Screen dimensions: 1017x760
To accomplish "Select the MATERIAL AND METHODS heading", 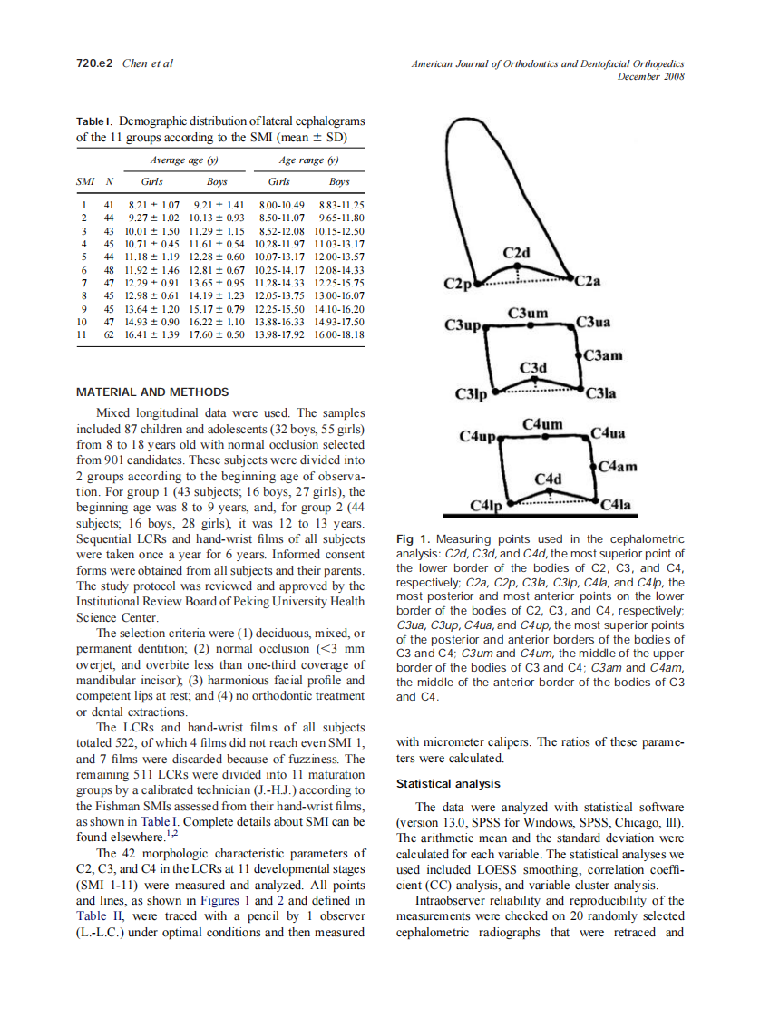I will pyautogui.click(x=151, y=392).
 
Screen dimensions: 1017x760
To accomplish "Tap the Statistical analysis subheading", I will pyautogui.click(x=448, y=783).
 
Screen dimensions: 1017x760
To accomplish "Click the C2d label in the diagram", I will pyautogui.click(x=517, y=252).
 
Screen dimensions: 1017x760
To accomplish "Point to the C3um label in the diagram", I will pyautogui.click(x=528, y=314).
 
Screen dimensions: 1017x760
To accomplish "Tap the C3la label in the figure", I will pyautogui.click(x=601, y=393).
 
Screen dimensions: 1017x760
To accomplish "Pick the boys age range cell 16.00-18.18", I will pyautogui.click(x=338, y=334).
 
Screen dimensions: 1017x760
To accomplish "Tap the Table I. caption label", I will pyautogui.click(x=95, y=121).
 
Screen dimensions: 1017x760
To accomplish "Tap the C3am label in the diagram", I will pyautogui.click(x=604, y=355).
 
